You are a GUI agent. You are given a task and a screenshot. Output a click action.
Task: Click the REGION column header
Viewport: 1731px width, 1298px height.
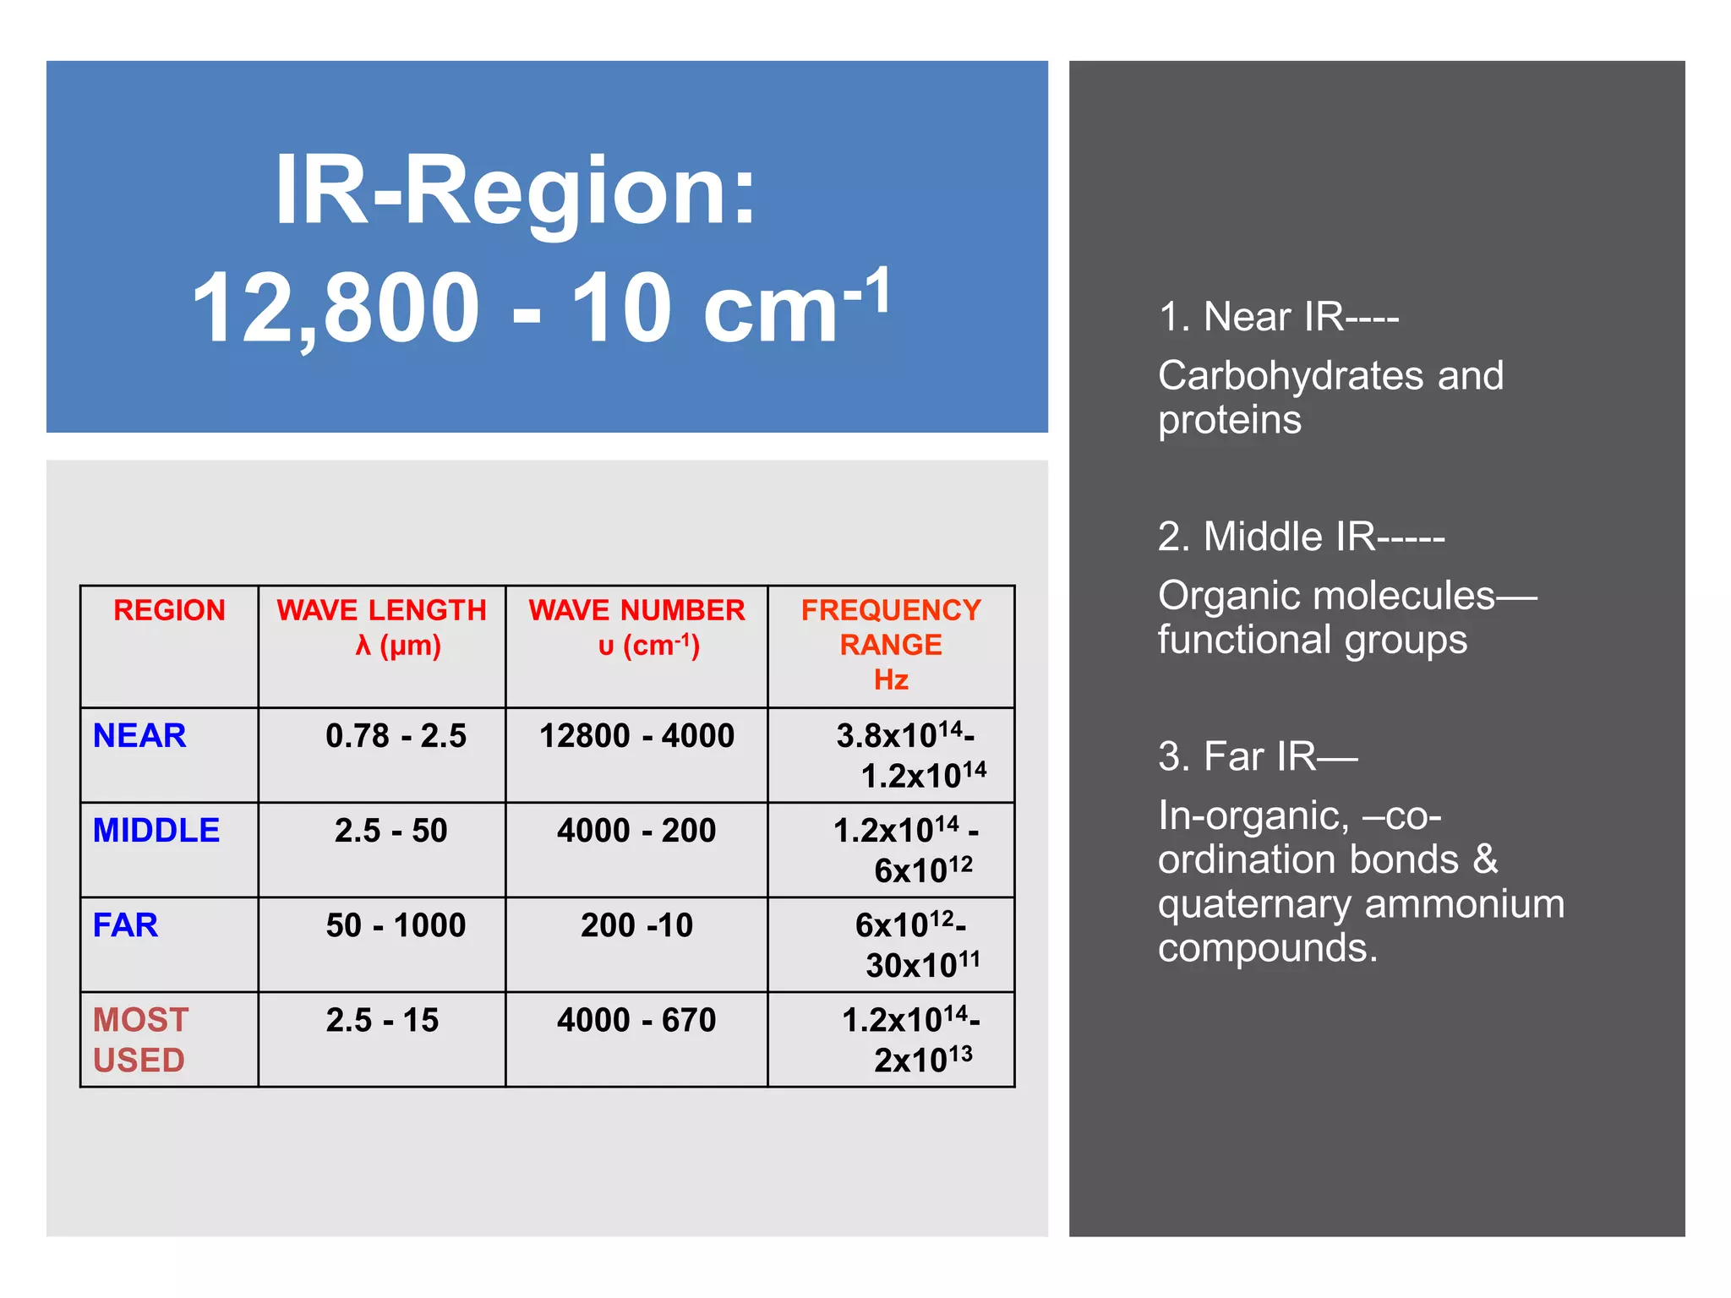tap(169, 610)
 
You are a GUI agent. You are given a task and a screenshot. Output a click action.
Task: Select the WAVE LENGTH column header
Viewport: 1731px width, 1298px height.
tap(382, 627)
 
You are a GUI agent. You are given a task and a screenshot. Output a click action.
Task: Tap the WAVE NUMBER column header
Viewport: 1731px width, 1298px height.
tap(636, 627)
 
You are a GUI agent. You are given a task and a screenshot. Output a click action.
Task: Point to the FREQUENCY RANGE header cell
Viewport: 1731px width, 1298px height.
tap(891, 644)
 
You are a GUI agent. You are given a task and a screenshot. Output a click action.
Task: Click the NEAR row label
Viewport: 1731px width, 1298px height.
tap(139, 736)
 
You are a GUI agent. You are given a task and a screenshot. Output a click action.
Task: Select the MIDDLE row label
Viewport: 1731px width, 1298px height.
tap(156, 831)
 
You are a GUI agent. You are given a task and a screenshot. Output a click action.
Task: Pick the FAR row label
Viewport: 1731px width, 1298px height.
tap(125, 925)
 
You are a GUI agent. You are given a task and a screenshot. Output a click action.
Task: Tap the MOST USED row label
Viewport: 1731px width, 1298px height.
tap(140, 1039)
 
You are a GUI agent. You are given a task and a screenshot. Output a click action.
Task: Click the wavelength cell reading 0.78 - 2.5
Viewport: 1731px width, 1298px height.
tap(396, 736)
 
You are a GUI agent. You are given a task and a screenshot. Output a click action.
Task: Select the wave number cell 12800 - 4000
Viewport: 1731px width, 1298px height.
tap(636, 736)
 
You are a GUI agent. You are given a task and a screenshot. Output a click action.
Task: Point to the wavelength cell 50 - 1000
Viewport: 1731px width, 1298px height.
tap(396, 925)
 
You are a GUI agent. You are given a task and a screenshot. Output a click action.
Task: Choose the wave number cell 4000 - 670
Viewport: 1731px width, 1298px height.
tap(636, 1020)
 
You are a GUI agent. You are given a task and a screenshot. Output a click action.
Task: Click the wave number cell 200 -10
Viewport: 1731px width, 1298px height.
tap(636, 925)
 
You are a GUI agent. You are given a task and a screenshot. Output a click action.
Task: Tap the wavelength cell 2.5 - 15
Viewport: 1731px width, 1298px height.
tap(382, 1020)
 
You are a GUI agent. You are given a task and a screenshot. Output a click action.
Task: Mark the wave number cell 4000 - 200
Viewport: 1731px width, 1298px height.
tap(636, 831)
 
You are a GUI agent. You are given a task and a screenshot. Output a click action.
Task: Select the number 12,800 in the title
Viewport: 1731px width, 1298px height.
tap(336, 308)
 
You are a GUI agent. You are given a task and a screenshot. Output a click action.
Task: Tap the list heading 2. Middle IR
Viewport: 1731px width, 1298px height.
tap(1300, 537)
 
